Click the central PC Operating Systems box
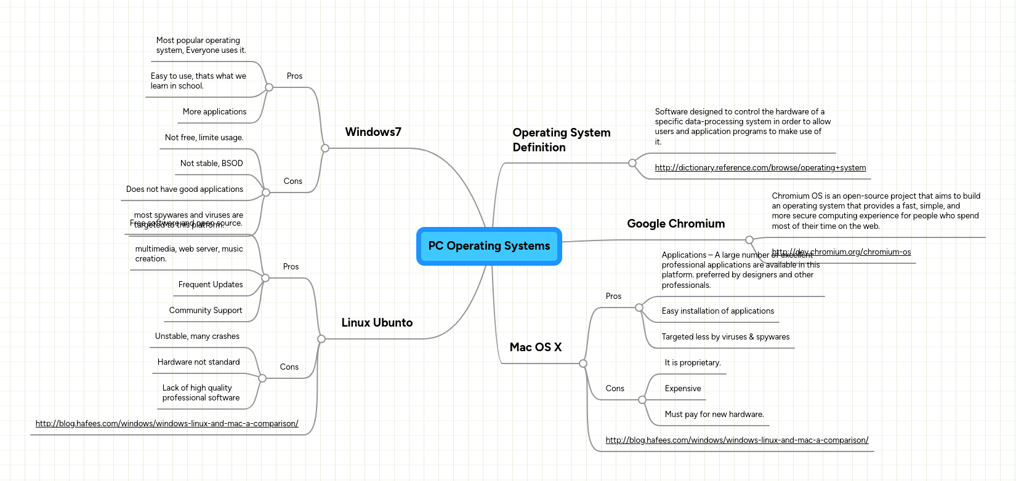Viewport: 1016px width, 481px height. pos(489,246)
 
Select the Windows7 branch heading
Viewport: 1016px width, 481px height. pos(373,132)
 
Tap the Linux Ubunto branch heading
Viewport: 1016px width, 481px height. pos(377,323)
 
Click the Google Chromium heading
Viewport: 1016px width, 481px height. pos(675,224)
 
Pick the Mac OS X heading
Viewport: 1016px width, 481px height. pos(535,348)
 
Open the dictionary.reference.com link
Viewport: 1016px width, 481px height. pos(760,168)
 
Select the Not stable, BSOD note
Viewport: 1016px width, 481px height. pos(211,164)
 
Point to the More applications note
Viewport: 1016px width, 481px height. pos(214,112)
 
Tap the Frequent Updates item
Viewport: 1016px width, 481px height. pos(211,285)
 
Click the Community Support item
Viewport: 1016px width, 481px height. pos(206,311)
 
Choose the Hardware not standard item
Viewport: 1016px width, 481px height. pos(198,362)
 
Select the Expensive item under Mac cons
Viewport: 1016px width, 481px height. pos(682,389)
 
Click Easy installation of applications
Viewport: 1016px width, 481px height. pos(717,311)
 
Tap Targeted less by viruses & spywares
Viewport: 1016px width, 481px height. pos(725,337)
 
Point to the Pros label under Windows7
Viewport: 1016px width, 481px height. pos(294,76)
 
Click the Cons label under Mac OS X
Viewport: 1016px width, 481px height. pos(615,389)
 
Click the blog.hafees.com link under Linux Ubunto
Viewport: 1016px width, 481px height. pos(167,424)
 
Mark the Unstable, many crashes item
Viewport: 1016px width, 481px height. pos(197,336)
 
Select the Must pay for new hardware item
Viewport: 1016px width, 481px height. pos(714,415)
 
